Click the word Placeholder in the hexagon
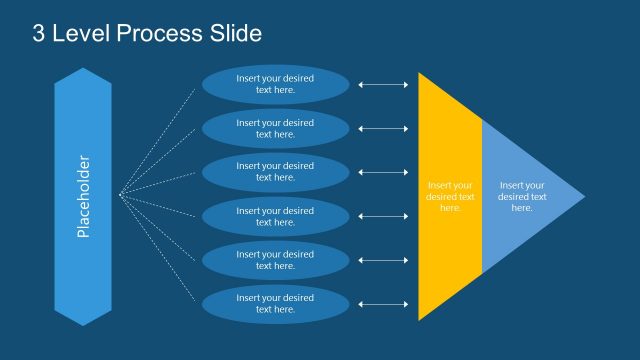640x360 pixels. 83,196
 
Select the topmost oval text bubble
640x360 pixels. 275,84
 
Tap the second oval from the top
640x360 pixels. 275,128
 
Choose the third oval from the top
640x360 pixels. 275,172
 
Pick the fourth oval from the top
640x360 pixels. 275,216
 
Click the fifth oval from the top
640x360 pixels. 275,260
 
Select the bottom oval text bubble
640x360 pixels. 275,304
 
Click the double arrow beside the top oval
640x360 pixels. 383,84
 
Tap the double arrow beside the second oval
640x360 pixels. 383,128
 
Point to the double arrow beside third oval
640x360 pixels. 383,172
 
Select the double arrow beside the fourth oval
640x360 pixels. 383,216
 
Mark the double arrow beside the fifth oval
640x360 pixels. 383,260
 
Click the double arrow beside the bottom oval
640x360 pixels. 383,304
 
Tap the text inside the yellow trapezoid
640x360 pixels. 450,196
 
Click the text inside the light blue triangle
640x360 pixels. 522,196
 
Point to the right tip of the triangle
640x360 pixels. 584,196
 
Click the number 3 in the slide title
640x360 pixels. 39,34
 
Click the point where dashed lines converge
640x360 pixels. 120,195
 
